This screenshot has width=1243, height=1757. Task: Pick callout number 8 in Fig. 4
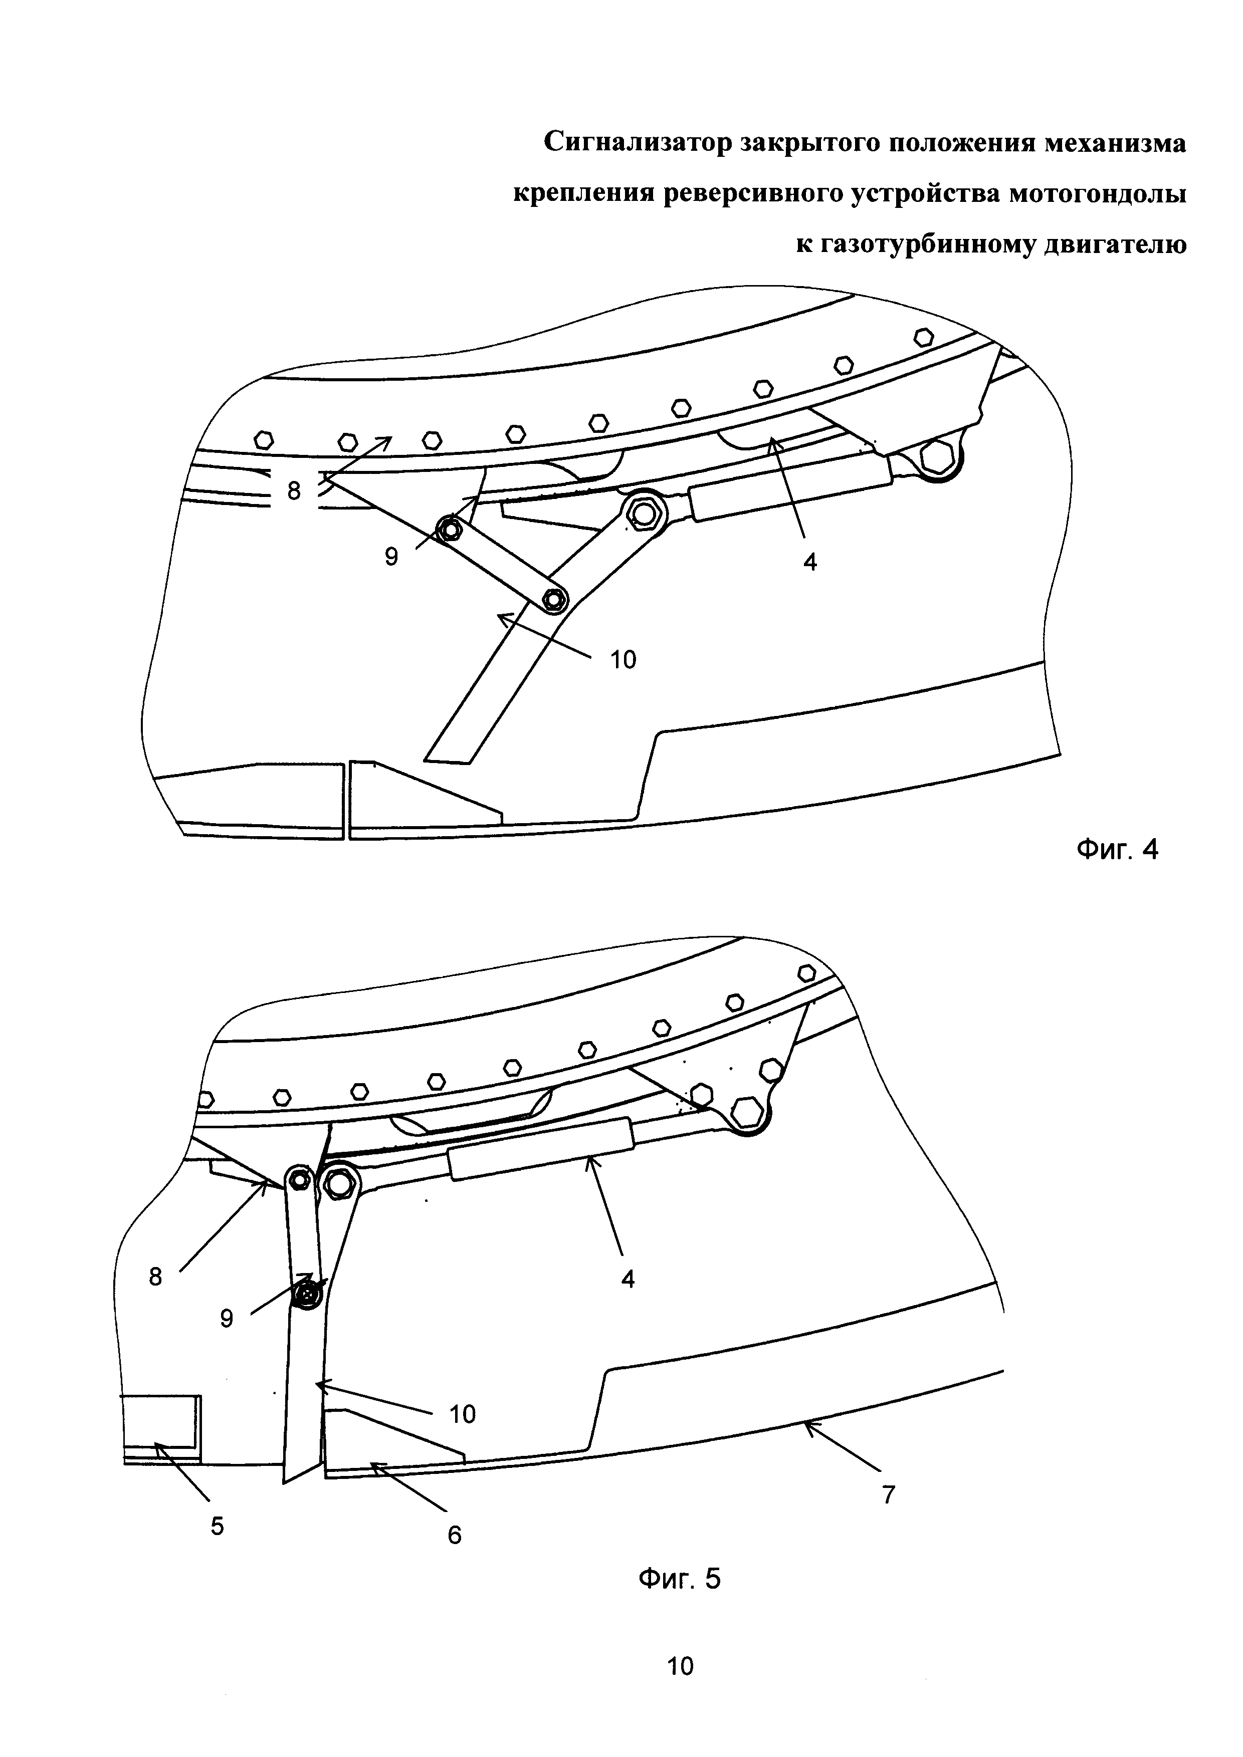295,490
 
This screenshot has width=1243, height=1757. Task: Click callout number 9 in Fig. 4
391,557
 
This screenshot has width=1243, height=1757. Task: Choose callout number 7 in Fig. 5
888,1494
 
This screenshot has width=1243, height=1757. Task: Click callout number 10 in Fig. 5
462,1414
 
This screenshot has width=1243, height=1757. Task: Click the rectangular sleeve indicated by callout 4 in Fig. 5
542,1148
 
